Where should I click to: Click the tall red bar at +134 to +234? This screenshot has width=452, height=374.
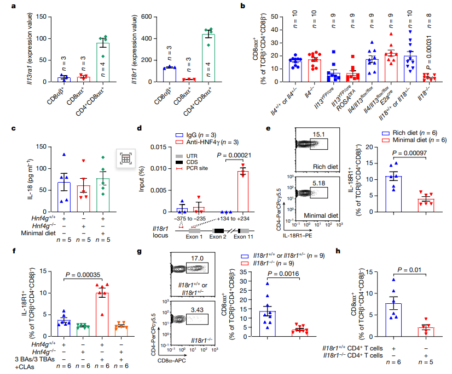pyautogui.click(x=242, y=191)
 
